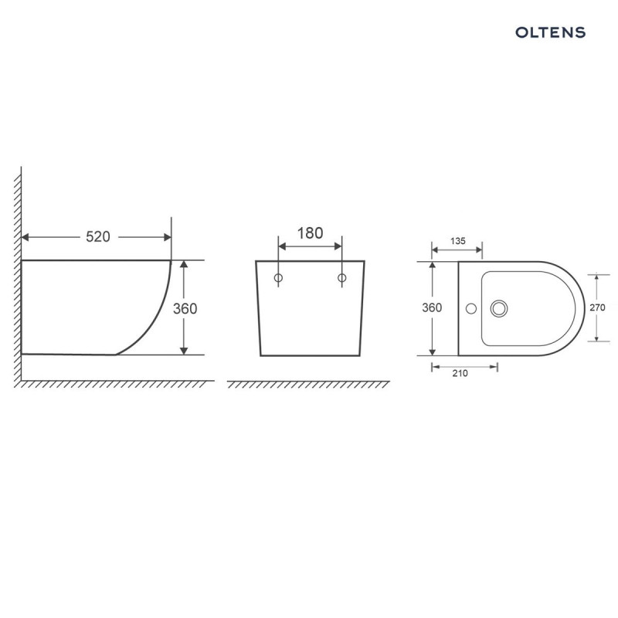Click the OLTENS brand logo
click(550, 32)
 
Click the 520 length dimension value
click(97, 237)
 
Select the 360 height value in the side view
click(185, 308)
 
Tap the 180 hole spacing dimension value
click(310, 233)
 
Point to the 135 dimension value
click(457, 241)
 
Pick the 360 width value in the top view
click(432, 307)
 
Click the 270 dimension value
click(597, 307)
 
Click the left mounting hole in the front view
click(279, 277)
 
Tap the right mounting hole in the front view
click(341, 277)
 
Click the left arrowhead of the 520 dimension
click(26, 237)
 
